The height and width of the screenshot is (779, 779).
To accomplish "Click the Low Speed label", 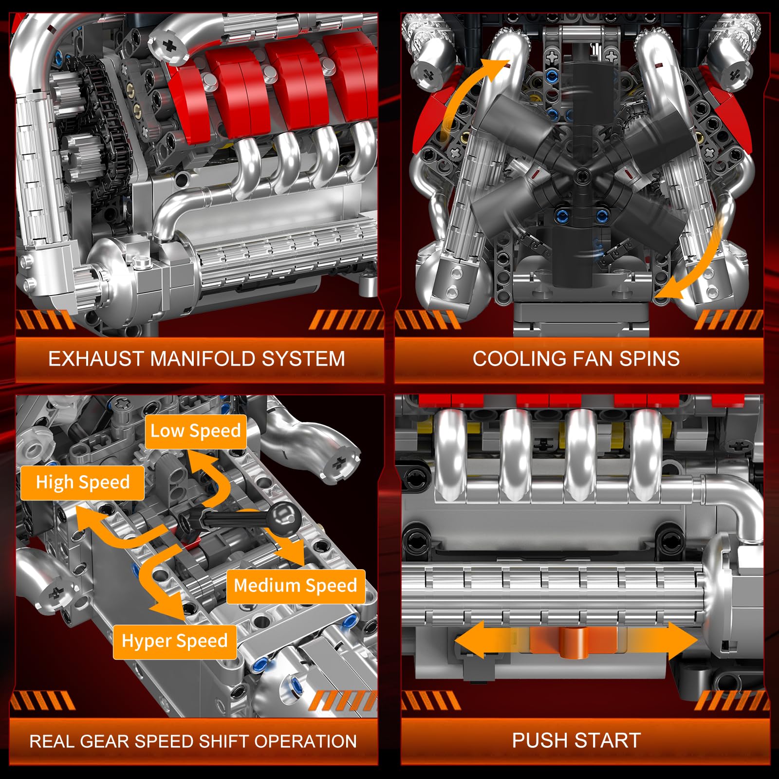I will point(195,431).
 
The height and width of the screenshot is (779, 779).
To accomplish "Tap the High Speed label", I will point(82,482).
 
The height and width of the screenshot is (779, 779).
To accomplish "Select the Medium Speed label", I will point(295,585).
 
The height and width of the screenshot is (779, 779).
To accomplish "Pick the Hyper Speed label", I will point(174,641).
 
